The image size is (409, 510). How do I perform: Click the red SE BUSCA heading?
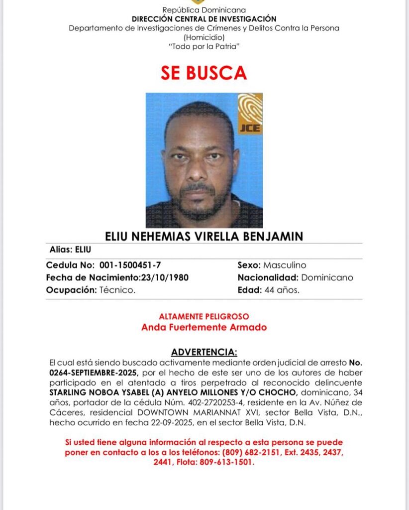(204, 73)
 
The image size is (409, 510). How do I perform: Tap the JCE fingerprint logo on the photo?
(250, 114)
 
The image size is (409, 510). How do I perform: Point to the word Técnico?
(117, 290)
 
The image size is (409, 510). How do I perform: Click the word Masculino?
(285, 265)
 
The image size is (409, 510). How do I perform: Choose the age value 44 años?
(282, 290)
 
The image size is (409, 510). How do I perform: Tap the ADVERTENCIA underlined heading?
(204, 352)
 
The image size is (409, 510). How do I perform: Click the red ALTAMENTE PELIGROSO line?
(204, 316)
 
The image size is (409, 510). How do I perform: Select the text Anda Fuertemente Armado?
(204, 327)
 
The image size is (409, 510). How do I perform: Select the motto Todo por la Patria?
(204, 46)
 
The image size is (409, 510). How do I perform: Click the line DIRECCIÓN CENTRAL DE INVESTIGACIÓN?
(204, 19)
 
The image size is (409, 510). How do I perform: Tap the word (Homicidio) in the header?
(204, 37)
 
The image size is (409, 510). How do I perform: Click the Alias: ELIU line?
(70, 250)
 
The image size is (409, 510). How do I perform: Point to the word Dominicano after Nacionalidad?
(327, 277)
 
